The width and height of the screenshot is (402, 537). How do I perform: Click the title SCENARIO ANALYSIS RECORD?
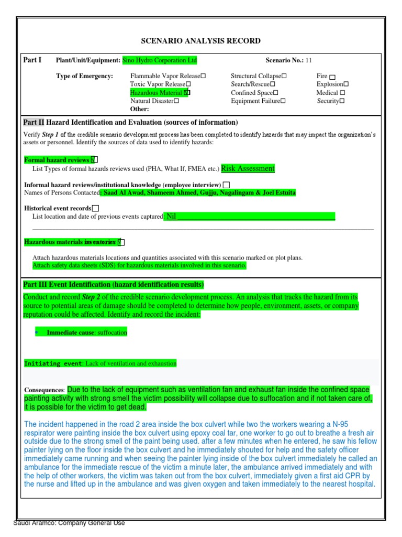[201, 41]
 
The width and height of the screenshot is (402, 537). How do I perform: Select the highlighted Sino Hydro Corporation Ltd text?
[160, 60]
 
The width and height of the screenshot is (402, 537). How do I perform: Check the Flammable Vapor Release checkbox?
[203, 77]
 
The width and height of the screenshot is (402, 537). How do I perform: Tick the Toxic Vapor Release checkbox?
[188, 84]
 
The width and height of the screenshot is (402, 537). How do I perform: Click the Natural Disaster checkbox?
[176, 101]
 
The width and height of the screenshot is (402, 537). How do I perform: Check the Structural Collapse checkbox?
[284, 77]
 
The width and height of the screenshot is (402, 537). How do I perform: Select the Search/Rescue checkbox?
[273, 84]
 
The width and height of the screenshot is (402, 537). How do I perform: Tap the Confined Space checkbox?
[275, 93]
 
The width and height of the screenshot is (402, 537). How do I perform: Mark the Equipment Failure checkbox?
[283, 101]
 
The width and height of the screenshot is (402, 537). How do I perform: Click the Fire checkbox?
[333, 77]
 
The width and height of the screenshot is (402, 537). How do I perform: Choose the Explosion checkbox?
[346, 84]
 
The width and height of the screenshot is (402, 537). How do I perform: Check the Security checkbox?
[342, 101]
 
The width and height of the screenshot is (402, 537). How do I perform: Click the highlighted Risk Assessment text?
[248, 168]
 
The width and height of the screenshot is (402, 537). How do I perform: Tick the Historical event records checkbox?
[95, 208]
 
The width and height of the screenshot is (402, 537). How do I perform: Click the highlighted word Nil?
[171, 216]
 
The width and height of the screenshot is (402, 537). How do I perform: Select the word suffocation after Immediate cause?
[112, 333]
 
